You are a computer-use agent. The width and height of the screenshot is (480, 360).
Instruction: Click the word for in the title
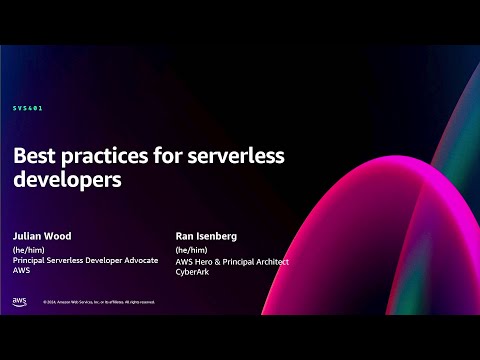(171, 156)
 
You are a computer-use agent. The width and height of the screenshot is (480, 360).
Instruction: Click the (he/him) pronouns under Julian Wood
(30, 251)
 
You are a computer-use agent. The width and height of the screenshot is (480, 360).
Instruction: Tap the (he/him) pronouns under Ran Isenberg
(191, 251)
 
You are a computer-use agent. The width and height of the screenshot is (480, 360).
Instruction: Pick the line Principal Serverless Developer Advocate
(86, 262)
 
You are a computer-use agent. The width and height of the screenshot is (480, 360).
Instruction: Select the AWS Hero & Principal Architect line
(231, 262)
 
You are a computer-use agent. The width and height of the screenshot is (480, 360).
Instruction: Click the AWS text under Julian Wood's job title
(21, 272)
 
